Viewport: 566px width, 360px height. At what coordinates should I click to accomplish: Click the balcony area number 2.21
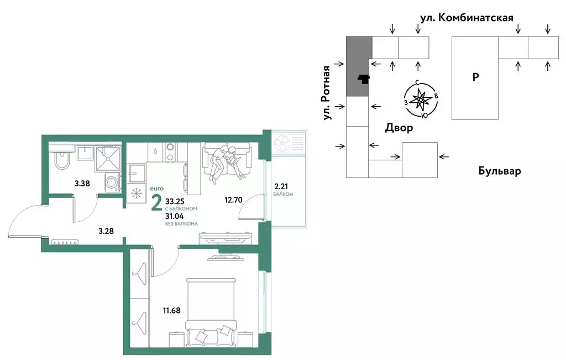(282, 186)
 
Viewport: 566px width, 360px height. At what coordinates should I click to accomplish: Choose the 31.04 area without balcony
(175, 216)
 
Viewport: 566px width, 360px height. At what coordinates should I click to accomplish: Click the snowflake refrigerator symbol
(136, 194)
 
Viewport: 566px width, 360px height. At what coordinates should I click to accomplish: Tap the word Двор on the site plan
(399, 128)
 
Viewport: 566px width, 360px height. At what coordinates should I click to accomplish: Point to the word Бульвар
(499, 171)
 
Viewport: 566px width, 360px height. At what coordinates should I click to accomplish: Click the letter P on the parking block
(475, 77)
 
